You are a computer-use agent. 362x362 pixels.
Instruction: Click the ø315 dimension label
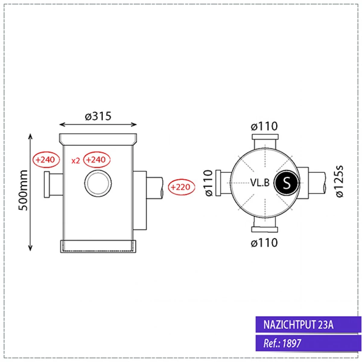pos(98,116)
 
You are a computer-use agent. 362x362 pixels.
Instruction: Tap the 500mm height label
pos(23,190)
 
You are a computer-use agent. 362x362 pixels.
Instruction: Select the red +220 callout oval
pos(181,187)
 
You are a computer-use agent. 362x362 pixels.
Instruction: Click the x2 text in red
pos(75,160)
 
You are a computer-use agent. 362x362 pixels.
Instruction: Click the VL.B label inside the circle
pos(260,183)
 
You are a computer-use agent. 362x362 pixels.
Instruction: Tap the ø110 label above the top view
pos(264,126)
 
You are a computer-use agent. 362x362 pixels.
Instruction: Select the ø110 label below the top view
pos(264,243)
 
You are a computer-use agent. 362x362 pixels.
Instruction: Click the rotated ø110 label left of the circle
pos(209,183)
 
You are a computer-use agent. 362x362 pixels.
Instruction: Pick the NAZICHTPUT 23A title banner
pos(308,325)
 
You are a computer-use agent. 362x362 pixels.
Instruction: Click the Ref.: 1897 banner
pos(308,343)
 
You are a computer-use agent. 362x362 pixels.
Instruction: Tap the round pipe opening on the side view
pos(98,183)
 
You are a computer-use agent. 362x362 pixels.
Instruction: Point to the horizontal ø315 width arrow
pos(98,124)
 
